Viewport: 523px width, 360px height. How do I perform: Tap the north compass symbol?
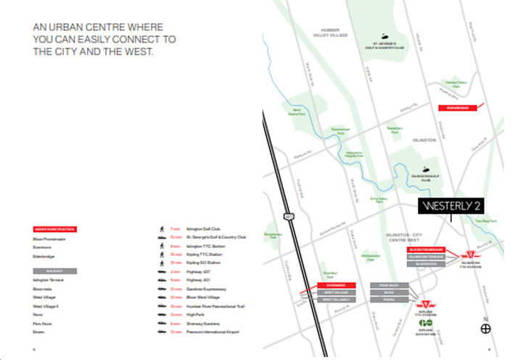click(486, 329)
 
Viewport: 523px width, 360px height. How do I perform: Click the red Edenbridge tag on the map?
click(458, 107)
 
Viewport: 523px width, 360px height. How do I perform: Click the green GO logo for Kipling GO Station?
click(425, 322)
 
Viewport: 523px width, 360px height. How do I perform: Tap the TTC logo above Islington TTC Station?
click(473, 255)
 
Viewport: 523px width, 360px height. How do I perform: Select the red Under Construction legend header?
click(55, 229)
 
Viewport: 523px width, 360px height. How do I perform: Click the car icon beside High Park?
click(161, 314)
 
